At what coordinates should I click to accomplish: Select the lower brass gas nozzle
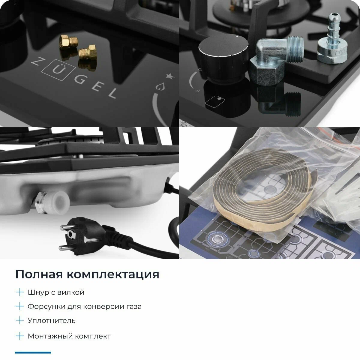click(87, 53)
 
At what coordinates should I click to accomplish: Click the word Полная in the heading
click(39, 274)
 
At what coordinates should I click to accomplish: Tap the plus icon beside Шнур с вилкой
click(19, 292)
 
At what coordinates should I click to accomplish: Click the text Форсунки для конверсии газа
click(85, 307)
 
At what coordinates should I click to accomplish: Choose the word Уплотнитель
click(52, 321)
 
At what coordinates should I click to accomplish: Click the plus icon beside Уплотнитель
click(19, 320)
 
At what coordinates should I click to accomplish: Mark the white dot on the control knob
click(237, 37)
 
